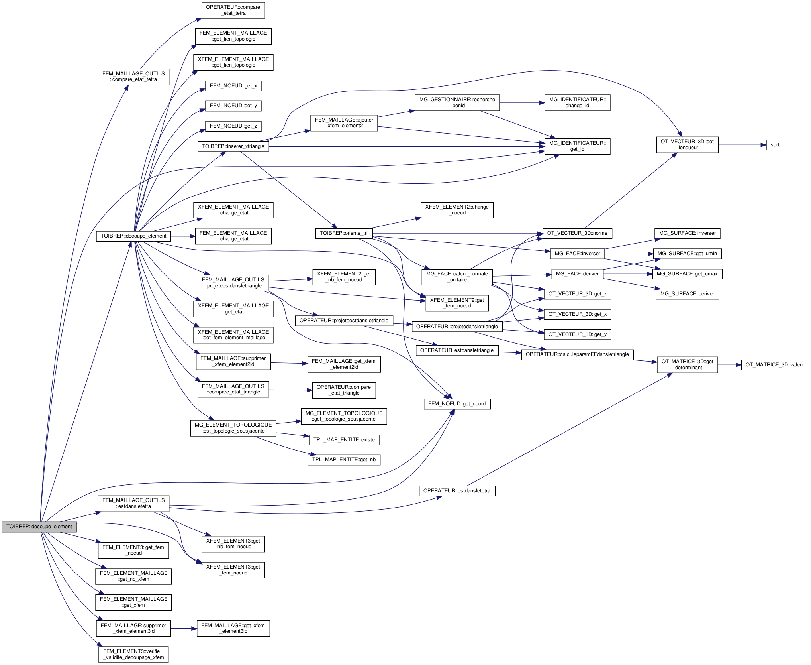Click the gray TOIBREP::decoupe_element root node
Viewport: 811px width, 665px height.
39,527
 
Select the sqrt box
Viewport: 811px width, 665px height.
775,145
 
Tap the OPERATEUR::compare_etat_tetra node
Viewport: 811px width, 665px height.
233,10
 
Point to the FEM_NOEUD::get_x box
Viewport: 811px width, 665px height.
233,86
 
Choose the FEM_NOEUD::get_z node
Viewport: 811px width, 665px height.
233,126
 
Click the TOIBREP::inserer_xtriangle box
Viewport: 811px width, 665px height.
233,146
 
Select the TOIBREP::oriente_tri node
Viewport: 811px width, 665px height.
343,233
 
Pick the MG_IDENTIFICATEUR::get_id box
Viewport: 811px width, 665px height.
577,146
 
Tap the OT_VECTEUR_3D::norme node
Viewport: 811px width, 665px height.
577,233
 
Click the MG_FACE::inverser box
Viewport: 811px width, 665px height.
577,254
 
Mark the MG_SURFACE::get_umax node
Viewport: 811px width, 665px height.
687,274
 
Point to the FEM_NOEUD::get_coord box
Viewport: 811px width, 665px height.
456,404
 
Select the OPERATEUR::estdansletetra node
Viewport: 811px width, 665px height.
456,491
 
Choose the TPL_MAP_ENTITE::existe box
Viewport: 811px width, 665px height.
344,440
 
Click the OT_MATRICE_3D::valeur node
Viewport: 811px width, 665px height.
775,365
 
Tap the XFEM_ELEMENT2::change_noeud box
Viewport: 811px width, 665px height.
457,210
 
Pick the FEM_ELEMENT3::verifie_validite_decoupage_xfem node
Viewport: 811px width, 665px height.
133,655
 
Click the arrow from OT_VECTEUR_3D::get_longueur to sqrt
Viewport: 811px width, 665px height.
742,145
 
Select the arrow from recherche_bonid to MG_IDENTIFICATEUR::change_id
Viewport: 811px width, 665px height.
522,103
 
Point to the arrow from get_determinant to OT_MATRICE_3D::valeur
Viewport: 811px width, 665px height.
729,365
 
